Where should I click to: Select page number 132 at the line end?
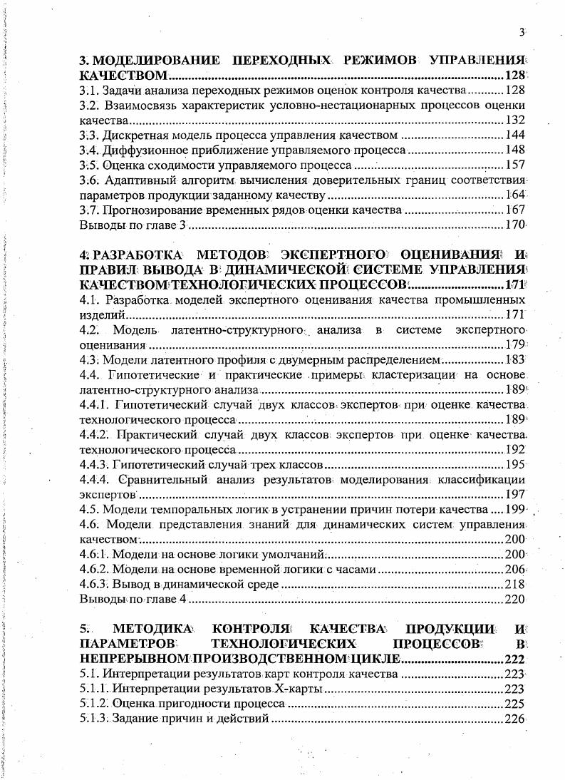pos(514,120)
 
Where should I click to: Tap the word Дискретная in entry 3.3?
pos(132,135)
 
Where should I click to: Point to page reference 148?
pos(514,150)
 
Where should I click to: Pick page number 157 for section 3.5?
pos(514,165)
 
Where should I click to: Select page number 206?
pos(514,569)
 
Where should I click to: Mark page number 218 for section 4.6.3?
pos(514,584)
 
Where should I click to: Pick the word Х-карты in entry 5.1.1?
pos(295,689)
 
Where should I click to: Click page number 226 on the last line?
pos(514,719)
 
